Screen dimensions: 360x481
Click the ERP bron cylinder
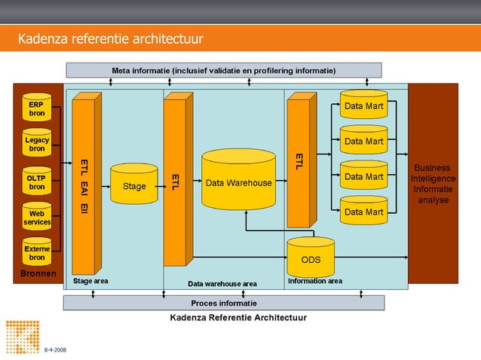coord(36,108)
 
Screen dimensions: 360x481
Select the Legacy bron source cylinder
coord(36,144)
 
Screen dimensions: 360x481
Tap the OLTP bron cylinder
coord(36,181)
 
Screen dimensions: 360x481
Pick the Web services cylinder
coord(36,218)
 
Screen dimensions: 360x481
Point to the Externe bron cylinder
coord(36,252)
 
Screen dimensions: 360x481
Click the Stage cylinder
coord(134,185)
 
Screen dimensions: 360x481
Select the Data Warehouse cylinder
coord(238,181)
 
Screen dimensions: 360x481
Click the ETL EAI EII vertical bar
coord(83,185)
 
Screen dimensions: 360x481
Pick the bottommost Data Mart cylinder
coord(363,212)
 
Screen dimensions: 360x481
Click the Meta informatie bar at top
coord(224,70)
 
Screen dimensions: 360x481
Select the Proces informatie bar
coord(223,303)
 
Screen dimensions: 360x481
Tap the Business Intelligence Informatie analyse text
coord(433,184)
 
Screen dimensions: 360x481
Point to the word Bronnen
coord(38,274)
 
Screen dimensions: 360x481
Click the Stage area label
coord(90,281)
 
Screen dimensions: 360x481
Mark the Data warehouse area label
coord(222,284)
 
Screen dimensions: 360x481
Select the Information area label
coord(315,281)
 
